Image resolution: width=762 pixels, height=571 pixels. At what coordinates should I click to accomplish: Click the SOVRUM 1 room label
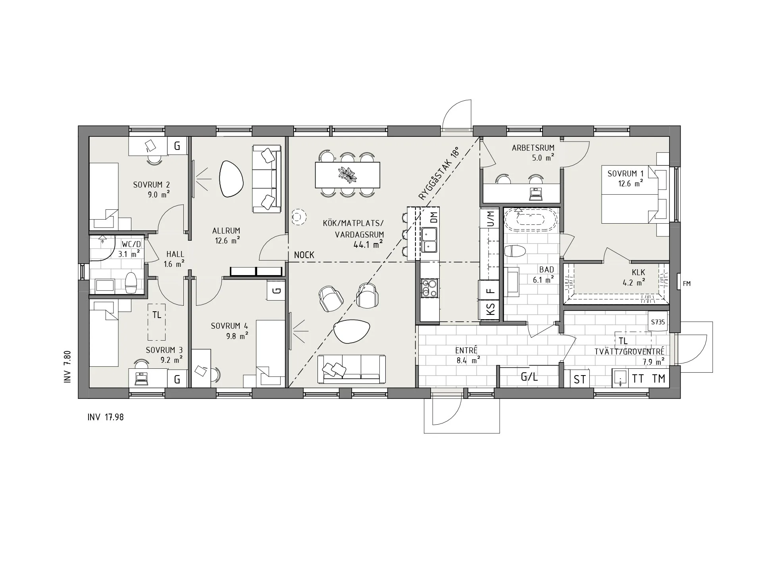click(x=625, y=174)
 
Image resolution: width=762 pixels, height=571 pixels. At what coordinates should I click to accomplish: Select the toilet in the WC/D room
click(x=131, y=282)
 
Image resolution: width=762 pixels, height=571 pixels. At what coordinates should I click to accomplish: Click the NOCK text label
click(x=304, y=255)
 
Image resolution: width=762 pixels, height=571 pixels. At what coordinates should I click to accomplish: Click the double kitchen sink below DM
click(x=429, y=240)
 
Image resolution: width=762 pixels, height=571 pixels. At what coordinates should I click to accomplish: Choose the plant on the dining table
click(x=347, y=174)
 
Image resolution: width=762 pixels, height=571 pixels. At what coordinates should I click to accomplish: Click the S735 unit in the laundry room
click(x=658, y=322)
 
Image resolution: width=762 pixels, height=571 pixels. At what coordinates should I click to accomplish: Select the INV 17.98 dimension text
click(x=106, y=418)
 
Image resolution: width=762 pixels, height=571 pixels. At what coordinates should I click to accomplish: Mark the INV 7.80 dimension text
click(x=67, y=366)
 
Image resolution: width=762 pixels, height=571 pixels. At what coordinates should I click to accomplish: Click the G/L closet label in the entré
click(x=529, y=377)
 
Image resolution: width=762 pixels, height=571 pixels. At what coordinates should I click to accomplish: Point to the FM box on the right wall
click(x=686, y=284)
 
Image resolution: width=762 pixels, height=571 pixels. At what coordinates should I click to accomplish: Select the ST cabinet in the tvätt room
click(x=579, y=379)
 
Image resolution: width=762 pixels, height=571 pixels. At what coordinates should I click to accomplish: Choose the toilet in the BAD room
click(x=516, y=251)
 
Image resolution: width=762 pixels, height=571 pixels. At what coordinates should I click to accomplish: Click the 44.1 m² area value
click(x=368, y=245)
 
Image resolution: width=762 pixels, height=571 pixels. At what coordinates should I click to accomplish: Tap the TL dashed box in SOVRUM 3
click(x=157, y=322)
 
